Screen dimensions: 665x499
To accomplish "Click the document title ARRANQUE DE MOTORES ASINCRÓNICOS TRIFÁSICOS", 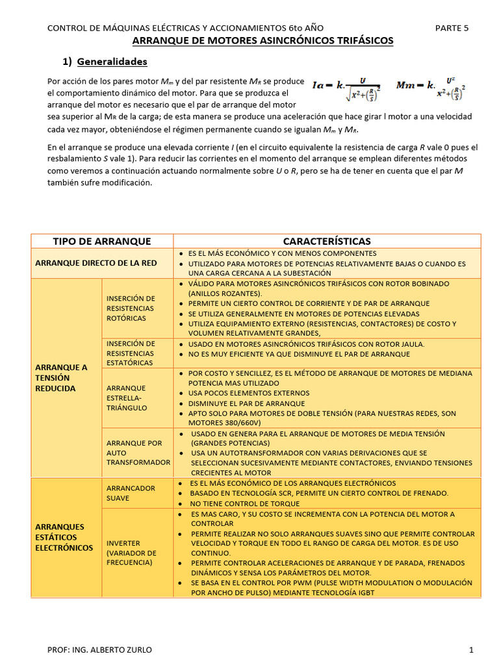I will pyautogui.click(x=262, y=40).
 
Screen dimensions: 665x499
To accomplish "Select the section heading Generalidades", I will pyautogui.click(x=112, y=62).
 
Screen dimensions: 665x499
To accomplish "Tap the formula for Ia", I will pyautogui.click(x=346, y=88).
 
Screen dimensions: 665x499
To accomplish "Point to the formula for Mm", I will pyautogui.click(x=431, y=88).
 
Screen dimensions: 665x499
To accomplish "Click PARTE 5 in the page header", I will pyautogui.click(x=451, y=28).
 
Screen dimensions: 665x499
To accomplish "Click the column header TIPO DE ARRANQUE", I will pyautogui.click(x=101, y=241).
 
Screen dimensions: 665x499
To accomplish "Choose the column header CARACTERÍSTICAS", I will pyautogui.click(x=327, y=241).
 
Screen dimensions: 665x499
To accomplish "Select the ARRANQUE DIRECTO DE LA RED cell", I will pyautogui.click(x=96, y=262).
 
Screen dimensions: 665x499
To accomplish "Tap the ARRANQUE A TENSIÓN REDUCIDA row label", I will pyautogui.click(x=61, y=377).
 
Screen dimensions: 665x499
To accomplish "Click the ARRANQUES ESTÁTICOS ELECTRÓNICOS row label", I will pyautogui.click(x=64, y=537).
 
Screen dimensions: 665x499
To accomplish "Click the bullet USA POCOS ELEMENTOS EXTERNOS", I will pyautogui.click(x=248, y=393).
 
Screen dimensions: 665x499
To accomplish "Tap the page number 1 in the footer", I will pyautogui.click(x=471, y=649).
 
